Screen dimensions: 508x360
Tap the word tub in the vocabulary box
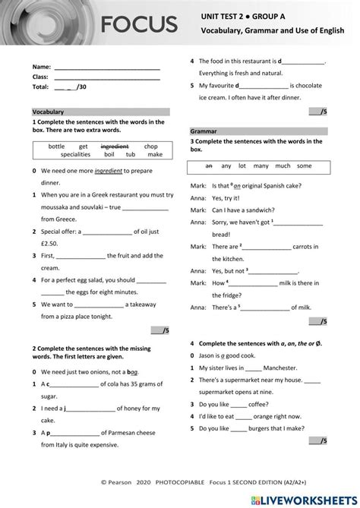tap(131, 154)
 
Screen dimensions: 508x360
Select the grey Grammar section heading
tap(204, 131)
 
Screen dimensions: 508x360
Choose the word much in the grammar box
tap(283, 166)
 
